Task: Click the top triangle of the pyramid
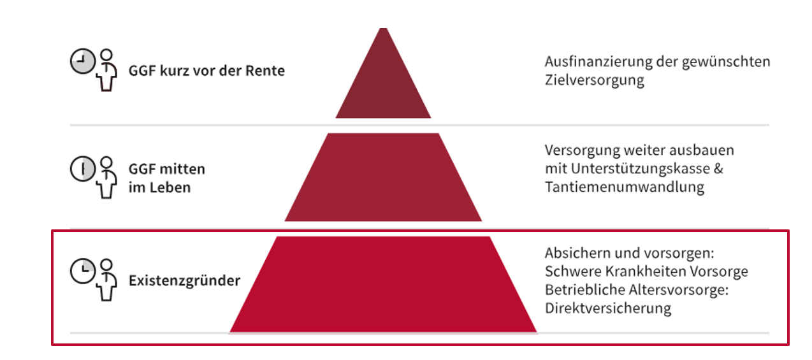(x=383, y=83)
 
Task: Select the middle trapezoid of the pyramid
(x=383, y=177)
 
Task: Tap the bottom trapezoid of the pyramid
(x=383, y=285)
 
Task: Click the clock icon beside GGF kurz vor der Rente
(x=83, y=61)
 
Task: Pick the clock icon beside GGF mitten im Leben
(x=83, y=169)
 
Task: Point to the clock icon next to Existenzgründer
(x=83, y=271)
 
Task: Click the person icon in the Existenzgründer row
(x=106, y=280)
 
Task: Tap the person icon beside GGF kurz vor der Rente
(x=106, y=70)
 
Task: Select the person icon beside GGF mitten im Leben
(x=106, y=177)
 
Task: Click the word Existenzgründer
(x=184, y=281)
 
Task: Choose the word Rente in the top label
(x=265, y=71)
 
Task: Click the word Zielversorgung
(x=595, y=80)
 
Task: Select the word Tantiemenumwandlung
(x=625, y=187)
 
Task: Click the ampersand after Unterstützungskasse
(x=718, y=169)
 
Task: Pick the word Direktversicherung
(x=608, y=308)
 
